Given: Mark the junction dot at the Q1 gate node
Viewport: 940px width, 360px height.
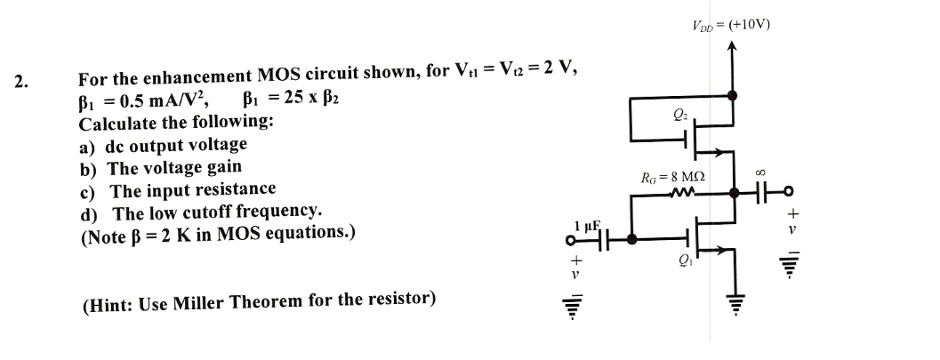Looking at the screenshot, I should pos(631,239).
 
